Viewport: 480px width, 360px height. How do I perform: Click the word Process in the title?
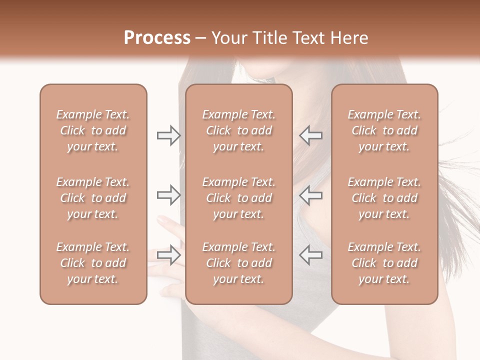coord(157,38)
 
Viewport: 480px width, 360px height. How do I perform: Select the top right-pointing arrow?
coord(168,135)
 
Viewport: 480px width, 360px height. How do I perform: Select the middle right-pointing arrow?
coord(168,195)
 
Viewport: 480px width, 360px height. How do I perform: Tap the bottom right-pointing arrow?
coord(168,255)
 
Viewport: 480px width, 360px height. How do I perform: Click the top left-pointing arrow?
coord(310,135)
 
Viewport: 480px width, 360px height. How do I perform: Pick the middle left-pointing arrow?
coord(310,195)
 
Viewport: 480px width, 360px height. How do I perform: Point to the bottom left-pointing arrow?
coord(310,255)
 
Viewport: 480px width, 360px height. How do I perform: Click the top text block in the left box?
coord(93,130)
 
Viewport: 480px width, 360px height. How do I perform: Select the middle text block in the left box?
coord(93,198)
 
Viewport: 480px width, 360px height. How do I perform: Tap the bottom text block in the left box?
coord(93,263)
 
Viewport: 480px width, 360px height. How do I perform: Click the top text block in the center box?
coord(238,130)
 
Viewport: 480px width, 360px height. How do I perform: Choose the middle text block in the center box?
coord(238,198)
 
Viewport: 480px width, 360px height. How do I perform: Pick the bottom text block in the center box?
coord(238,263)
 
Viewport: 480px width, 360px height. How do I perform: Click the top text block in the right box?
coord(384,130)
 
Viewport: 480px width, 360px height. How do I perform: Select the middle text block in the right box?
coord(384,198)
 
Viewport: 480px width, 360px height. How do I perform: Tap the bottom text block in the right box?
coord(384,263)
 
